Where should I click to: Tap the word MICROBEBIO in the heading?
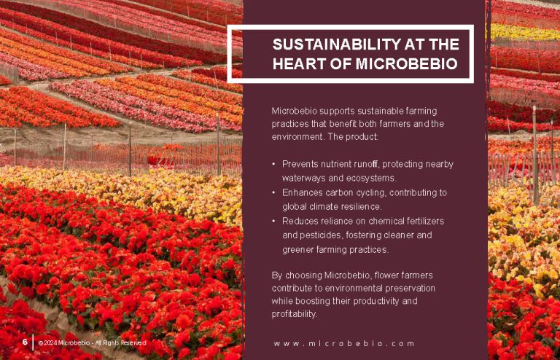point(406,64)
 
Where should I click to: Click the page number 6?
point(25,342)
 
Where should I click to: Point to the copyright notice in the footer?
point(92,343)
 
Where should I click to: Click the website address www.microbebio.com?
point(344,343)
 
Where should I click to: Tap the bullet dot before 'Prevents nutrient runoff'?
point(273,164)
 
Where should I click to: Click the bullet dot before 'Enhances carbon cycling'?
point(273,192)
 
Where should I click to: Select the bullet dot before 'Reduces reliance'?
point(273,222)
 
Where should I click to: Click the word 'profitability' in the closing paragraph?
point(295,314)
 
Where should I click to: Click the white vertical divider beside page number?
point(33,343)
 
